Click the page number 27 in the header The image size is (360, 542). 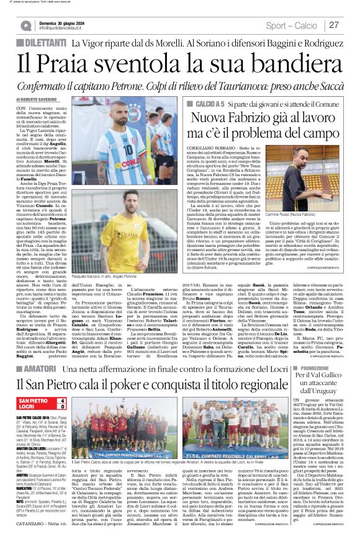pyautogui.click(x=333, y=25)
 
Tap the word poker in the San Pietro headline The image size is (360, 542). pyautogui.click(x=148, y=371)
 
